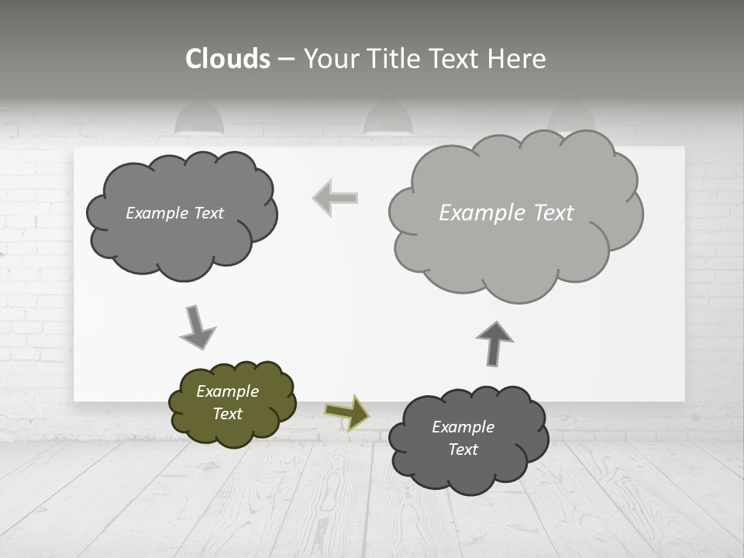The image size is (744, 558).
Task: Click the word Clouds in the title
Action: (x=228, y=59)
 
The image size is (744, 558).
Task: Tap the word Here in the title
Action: (x=518, y=59)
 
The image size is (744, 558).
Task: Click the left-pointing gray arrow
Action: (x=336, y=198)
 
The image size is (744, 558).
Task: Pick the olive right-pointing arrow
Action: (x=347, y=412)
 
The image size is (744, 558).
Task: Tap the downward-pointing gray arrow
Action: (x=197, y=326)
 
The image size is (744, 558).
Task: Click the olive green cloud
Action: (x=232, y=404)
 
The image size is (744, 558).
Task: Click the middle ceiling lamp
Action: (x=388, y=121)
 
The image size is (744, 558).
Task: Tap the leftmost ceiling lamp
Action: (x=199, y=120)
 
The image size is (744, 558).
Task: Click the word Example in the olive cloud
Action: (x=227, y=391)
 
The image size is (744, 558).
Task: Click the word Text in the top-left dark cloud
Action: (x=208, y=213)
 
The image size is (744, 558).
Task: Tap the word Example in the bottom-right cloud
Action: (x=463, y=427)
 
